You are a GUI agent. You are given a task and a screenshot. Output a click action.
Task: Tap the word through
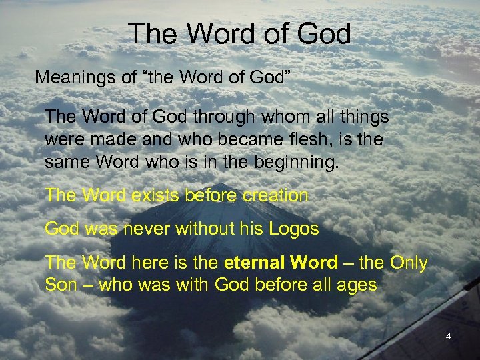click(x=224, y=117)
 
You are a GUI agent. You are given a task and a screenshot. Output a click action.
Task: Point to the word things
click(x=364, y=117)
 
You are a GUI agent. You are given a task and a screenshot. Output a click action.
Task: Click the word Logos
click(x=294, y=229)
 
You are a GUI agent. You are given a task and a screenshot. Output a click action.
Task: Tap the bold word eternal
click(x=255, y=263)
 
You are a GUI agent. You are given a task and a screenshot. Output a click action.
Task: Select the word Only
click(x=409, y=263)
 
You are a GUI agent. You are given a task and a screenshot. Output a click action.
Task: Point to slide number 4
click(x=448, y=337)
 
